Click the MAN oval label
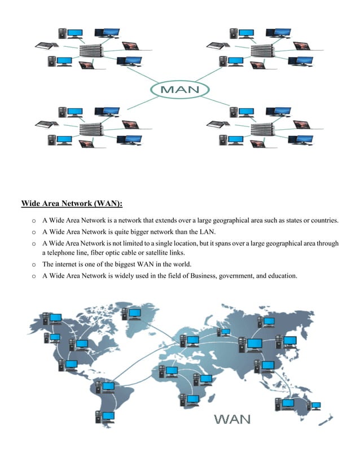180,90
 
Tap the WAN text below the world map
232,419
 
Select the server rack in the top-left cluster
90,51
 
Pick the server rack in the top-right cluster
262,51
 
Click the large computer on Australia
288,403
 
